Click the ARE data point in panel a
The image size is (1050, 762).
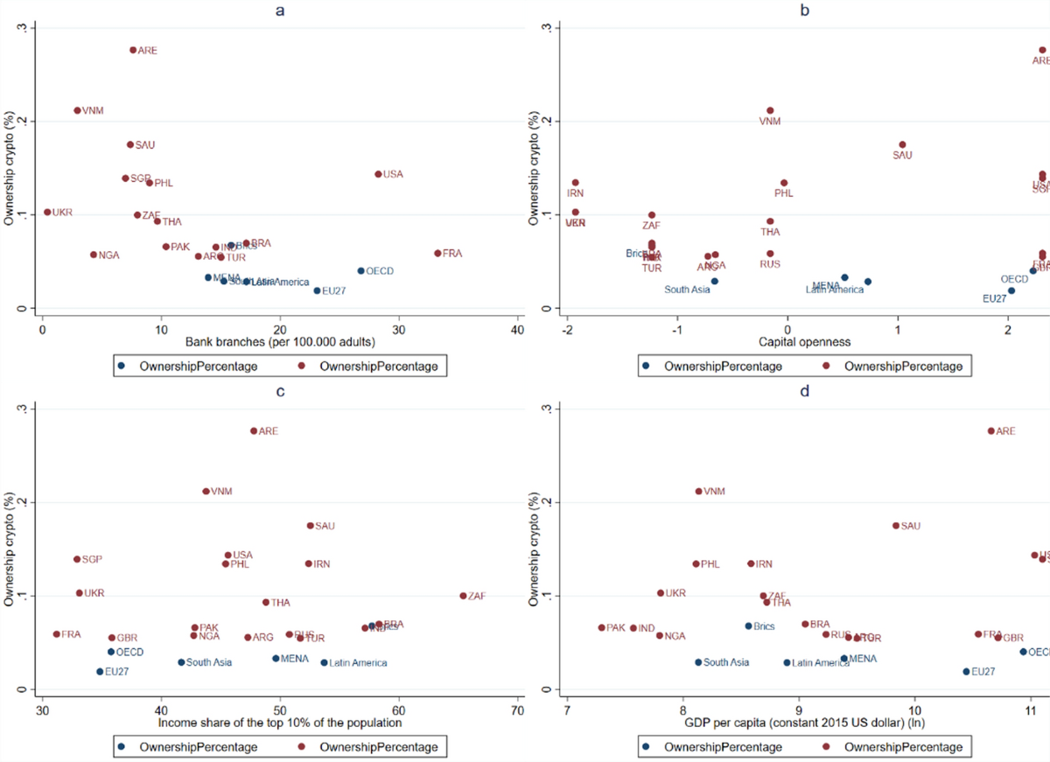pyautogui.click(x=133, y=50)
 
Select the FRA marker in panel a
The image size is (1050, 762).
pyautogui.click(x=437, y=253)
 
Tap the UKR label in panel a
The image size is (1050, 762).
pyautogui.click(x=62, y=213)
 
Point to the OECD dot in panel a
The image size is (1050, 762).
pyautogui.click(x=360, y=271)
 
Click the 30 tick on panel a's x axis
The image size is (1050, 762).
pyautogui.click(x=399, y=330)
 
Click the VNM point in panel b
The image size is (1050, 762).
pyautogui.click(x=770, y=111)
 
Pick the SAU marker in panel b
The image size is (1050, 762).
pyautogui.click(x=902, y=144)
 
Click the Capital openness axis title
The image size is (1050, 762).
pyautogui.click(x=786, y=342)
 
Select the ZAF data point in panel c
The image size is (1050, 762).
pyautogui.click(x=463, y=596)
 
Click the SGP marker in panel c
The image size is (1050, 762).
pyautogui.click(x=77, y=559)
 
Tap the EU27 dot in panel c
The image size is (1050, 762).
pyautogui.click(x=100, y=671)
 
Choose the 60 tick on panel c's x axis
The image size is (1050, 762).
pyautogui.click(x=399, y=710)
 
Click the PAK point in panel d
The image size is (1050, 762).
pyautogui.click(x=601, y=627)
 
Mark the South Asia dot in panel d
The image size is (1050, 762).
pyautogui.click(x=698, y=662)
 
